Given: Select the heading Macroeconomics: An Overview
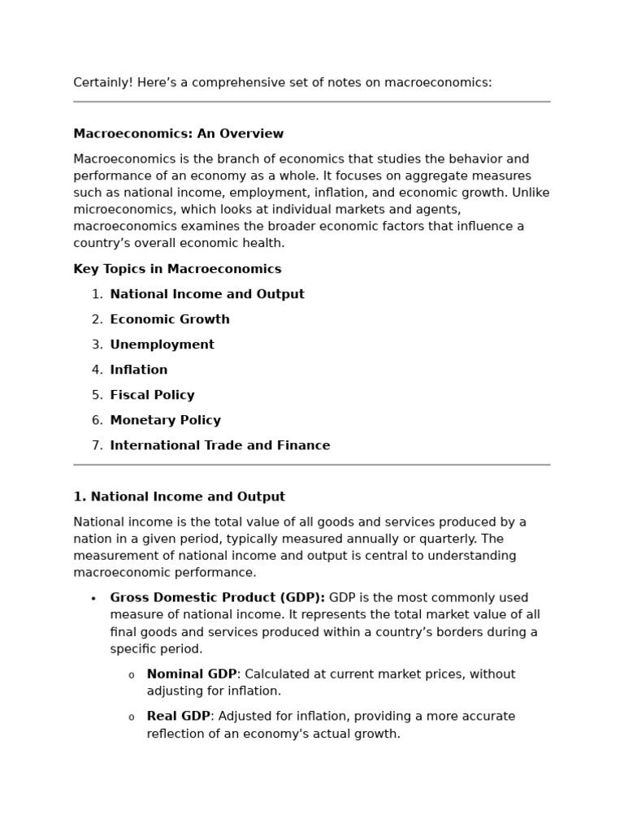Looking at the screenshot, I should pos(178,134).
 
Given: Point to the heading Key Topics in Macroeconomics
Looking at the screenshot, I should pos(177,269).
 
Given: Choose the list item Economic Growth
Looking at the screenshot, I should pos(170,319).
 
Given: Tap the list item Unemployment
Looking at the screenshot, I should pos(162,344).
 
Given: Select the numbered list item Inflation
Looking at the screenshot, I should pos(139,370).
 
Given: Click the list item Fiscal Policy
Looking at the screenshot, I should pos(152,395).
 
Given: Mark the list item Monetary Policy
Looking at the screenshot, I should pos(165,420).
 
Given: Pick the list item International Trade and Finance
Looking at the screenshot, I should pos(219,445).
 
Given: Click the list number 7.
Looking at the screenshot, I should pos(97,445).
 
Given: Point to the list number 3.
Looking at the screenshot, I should pos(97,344).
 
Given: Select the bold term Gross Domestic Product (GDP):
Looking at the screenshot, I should pos(217,598).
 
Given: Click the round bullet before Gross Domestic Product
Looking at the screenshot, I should pos(93,599).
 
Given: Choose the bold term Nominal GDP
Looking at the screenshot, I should pos(191,674).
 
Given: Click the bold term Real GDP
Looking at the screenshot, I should pos(178,717).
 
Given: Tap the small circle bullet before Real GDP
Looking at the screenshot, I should pos(132,717).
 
